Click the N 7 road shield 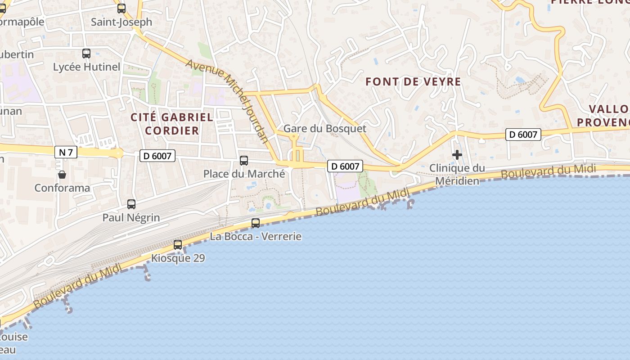point(66,152)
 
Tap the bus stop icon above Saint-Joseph point(121,8)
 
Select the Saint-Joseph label point(121,22)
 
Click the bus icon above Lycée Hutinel point(86,54)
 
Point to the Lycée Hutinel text point(87,67)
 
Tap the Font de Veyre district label point(413,81)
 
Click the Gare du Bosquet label point(325,128)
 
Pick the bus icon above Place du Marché point(244,160)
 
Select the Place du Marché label point(244,174)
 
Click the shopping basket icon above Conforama point(62,174)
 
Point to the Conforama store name point(62,188)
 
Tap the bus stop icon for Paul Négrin point(131,204)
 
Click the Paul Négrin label point(131,218)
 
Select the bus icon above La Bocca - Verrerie point(256,223)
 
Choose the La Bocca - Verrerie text point(256,236)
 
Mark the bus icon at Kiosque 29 point(178,245)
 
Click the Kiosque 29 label point(178,258)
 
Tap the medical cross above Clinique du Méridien point(457,155)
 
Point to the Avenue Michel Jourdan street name point(227,101)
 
